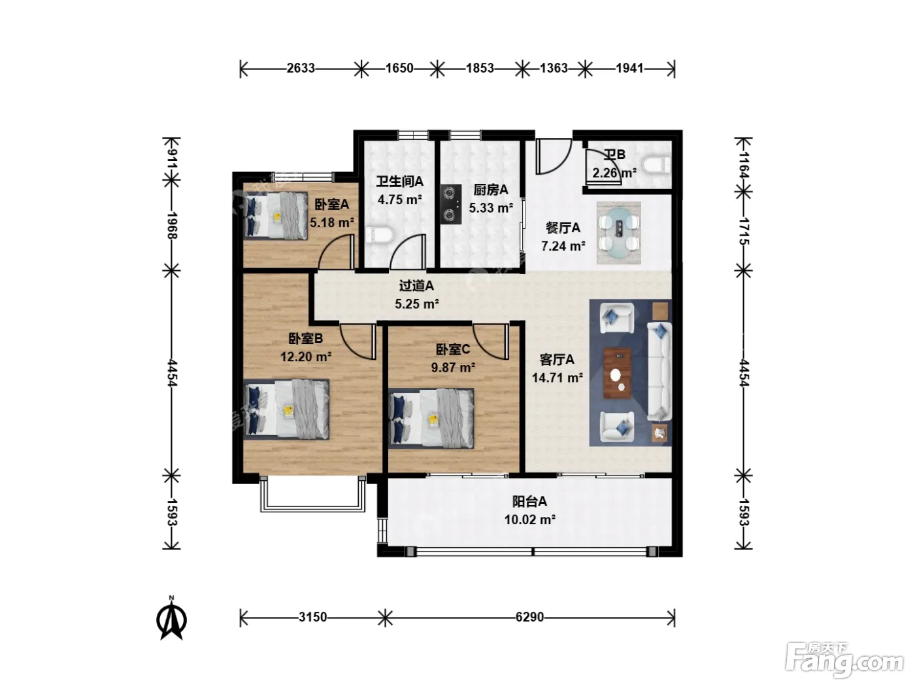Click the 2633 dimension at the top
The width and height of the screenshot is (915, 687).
(300, 68)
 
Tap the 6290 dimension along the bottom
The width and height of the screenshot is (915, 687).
(529, 616)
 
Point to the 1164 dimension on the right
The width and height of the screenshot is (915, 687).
(744, 165)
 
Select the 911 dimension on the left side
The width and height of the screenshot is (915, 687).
(172, 158)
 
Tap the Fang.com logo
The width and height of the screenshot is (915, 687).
(844, 660)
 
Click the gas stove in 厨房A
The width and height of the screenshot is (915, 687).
(451, 204)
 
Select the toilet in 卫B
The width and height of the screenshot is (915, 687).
(656, 164)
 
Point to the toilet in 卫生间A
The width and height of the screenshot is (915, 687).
(379, 235)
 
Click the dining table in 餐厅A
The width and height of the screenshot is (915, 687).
(619, 233)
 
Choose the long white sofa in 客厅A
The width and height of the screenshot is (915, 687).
(659, 371)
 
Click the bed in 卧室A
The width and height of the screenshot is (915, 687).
(276, 216)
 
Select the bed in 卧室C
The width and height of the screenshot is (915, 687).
(431, 418)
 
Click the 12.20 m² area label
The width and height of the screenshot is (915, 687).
(306, 357)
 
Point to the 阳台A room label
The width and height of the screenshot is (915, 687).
(529, 501)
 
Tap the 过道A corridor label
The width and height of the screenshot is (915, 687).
(416, 286)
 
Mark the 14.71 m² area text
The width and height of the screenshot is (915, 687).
(557, 378)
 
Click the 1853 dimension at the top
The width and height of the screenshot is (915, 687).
(480, 68)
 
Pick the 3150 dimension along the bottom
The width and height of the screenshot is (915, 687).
(312, 616)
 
